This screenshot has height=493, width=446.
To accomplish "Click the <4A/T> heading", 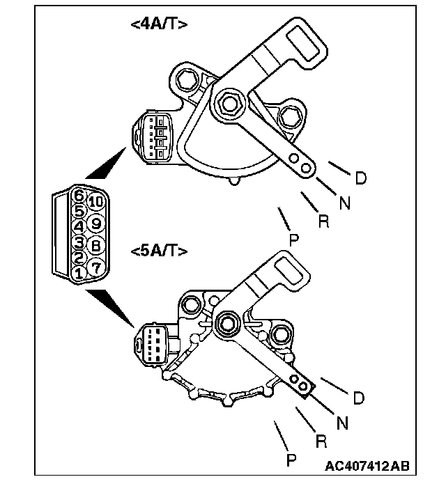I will [x=158, y=24].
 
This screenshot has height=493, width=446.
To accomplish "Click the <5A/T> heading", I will [x=159, y=250].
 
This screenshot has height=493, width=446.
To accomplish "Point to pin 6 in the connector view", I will [x=79, y=196].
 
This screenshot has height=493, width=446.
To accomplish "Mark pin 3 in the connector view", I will [x=79, y=242].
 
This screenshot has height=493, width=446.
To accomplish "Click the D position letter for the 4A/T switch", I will [x=360, y=179].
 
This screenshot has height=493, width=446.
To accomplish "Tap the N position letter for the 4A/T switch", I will [x=344, y=203].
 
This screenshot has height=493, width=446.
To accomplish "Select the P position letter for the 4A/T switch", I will [x=293, y=240].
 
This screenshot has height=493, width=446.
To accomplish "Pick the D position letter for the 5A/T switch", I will [x=358, y=398].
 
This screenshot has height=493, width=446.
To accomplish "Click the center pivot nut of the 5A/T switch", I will [x=228, y=322].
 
